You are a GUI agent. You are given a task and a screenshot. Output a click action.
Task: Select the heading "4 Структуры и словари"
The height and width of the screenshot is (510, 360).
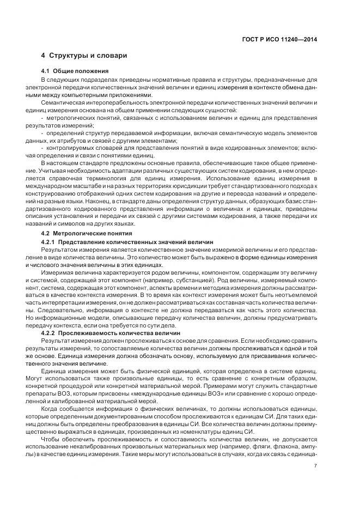click(x=84, y=56)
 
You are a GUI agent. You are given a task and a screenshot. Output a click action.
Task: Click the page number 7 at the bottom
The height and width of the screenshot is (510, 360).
click(x=316, y=465)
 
